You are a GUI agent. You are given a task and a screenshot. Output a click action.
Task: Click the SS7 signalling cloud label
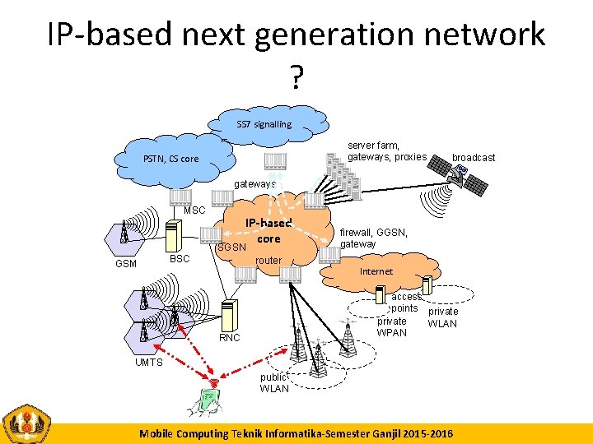pos(264,124)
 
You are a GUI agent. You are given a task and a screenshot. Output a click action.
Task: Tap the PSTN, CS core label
pos(170,159)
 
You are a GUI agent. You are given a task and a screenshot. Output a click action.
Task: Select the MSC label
pos(194,210)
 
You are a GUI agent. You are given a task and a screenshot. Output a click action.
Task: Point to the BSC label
pos(180,258)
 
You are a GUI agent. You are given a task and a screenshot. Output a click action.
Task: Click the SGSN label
pos(231,247)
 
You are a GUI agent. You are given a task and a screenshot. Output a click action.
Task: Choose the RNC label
pos(230,338)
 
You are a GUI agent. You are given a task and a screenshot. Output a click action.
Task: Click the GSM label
pos(126,264)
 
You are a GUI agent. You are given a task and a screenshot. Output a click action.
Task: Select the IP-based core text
pos(268,230)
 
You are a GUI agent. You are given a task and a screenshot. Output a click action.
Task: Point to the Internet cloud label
pos(376,271)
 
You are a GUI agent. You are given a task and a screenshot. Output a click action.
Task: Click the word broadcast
pos(474,157)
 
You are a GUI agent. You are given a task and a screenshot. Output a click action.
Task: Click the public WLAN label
pos(274,383)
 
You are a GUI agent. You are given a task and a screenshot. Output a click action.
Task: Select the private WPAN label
pos(392,327)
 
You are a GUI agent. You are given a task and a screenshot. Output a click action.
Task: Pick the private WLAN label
pos(442,317)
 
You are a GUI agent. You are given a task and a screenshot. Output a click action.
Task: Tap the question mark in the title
pos(296,78)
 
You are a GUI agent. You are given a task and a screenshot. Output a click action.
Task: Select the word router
pos(268,261)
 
